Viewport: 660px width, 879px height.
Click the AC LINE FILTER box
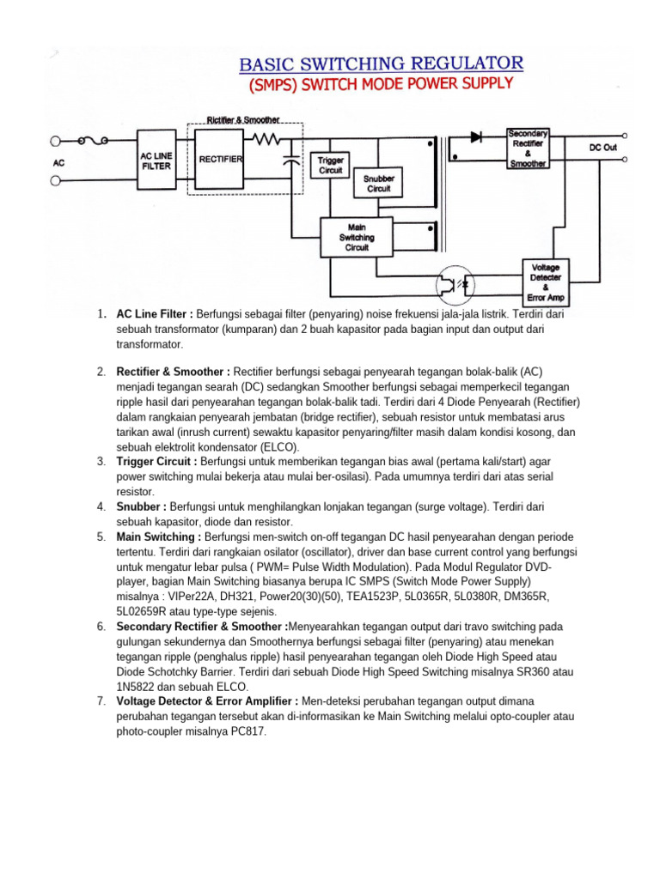156,161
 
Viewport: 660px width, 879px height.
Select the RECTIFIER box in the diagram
221,160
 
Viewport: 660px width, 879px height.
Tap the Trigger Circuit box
331,165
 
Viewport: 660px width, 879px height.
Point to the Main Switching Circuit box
357,236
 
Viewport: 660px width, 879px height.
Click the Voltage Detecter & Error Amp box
547,282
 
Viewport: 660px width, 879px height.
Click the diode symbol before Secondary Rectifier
476,136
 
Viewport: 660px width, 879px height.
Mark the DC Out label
602,148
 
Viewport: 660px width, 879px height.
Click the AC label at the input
59,161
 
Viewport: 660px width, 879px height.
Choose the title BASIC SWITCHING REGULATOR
380,64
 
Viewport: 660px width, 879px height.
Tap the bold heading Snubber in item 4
139,506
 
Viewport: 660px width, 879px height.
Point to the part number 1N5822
138,687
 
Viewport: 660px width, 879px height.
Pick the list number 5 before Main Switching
101,536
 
